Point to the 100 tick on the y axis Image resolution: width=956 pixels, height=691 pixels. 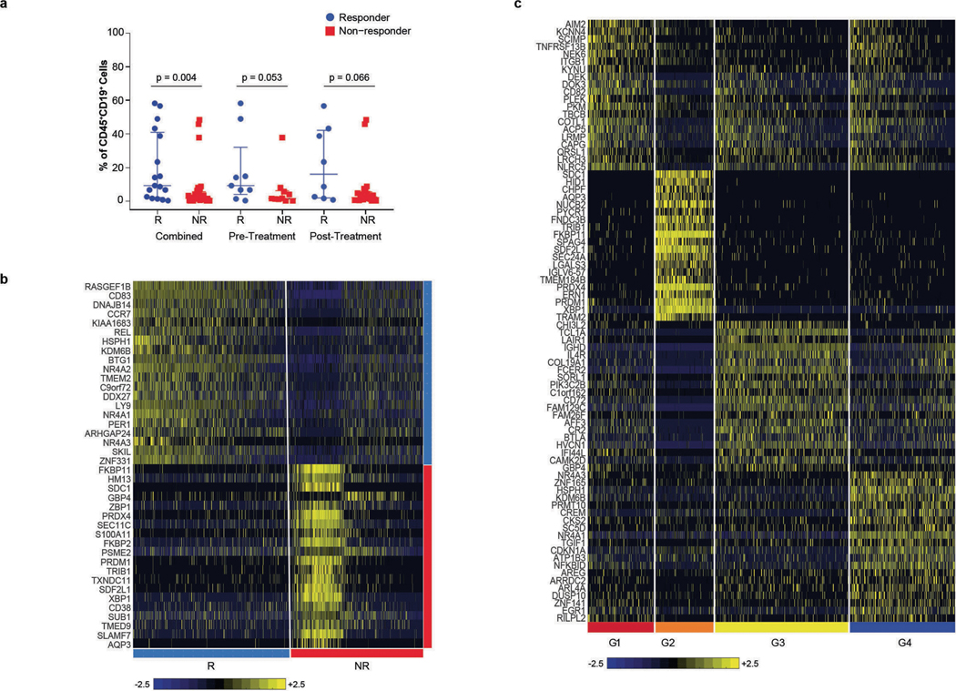115,33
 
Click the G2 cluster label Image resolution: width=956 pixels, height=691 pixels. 684,642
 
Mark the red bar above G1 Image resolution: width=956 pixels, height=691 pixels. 620,627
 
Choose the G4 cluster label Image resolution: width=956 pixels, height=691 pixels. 901,642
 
